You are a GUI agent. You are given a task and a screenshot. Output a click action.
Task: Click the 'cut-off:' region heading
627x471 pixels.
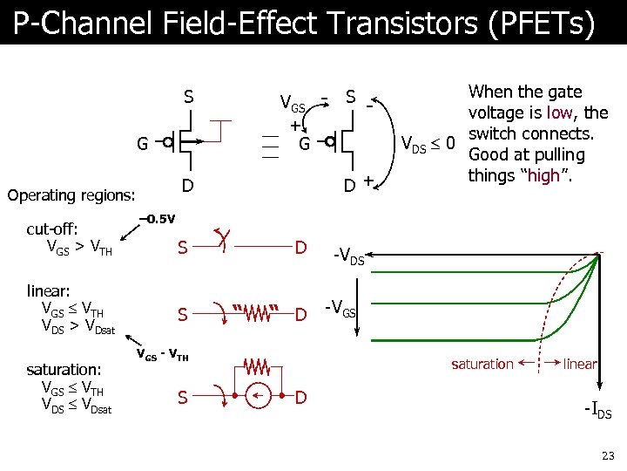pos(52,229)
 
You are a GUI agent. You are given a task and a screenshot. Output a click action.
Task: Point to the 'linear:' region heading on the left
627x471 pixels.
pos(48,290)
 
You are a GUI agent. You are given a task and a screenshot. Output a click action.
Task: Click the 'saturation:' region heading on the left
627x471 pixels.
pos(65,370)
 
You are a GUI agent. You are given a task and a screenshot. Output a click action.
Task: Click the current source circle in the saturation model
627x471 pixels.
pos(257,398)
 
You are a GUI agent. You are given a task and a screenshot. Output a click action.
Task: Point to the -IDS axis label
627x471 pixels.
pos(598,411)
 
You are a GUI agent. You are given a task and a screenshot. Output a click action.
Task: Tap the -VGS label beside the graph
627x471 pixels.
pos(340,308)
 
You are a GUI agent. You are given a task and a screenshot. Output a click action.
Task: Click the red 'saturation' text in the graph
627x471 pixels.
pos(482,364)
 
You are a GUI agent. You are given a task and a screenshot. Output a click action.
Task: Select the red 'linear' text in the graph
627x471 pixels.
pos(580,364)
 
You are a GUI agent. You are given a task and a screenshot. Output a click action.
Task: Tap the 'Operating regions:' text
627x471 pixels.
pos(71,195)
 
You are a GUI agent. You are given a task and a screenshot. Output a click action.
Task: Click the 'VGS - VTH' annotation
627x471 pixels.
pos(162,355)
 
